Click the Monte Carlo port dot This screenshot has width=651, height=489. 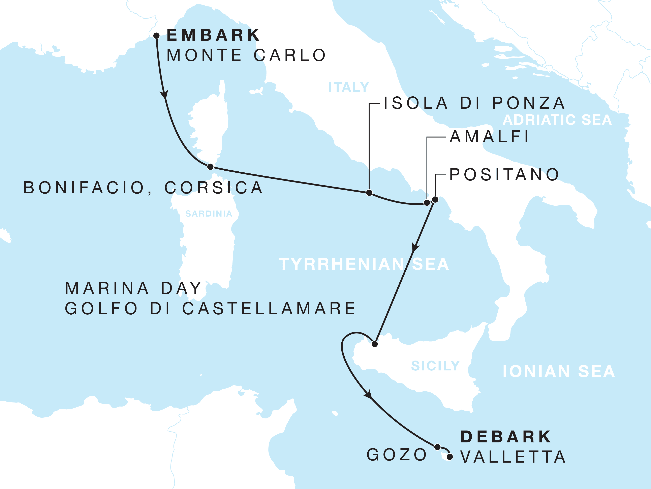tap(157, 36)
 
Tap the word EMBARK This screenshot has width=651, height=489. tap(213, 35)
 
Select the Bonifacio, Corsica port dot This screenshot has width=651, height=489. tap(210, 167)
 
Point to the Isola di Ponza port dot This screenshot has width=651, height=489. tap(369, 193)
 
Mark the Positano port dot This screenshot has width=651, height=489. tap(435, 200)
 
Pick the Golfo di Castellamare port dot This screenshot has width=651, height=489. tap(375, 344)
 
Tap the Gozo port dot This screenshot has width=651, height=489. tap(437, 447)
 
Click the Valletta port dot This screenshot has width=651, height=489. tap(450, 457)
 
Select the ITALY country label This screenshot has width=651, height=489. tap(349, 87)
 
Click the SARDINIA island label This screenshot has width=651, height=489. tap(209, 214)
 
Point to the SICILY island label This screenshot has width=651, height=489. tap(435, 366)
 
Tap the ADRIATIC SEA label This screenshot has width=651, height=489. tap(557, 120)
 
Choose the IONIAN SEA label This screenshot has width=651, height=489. tap(559, 371)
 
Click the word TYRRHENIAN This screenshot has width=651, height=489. tap(341, 264)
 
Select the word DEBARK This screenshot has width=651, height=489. tap(506, 437)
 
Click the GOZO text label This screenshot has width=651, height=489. tap(397, 455)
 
